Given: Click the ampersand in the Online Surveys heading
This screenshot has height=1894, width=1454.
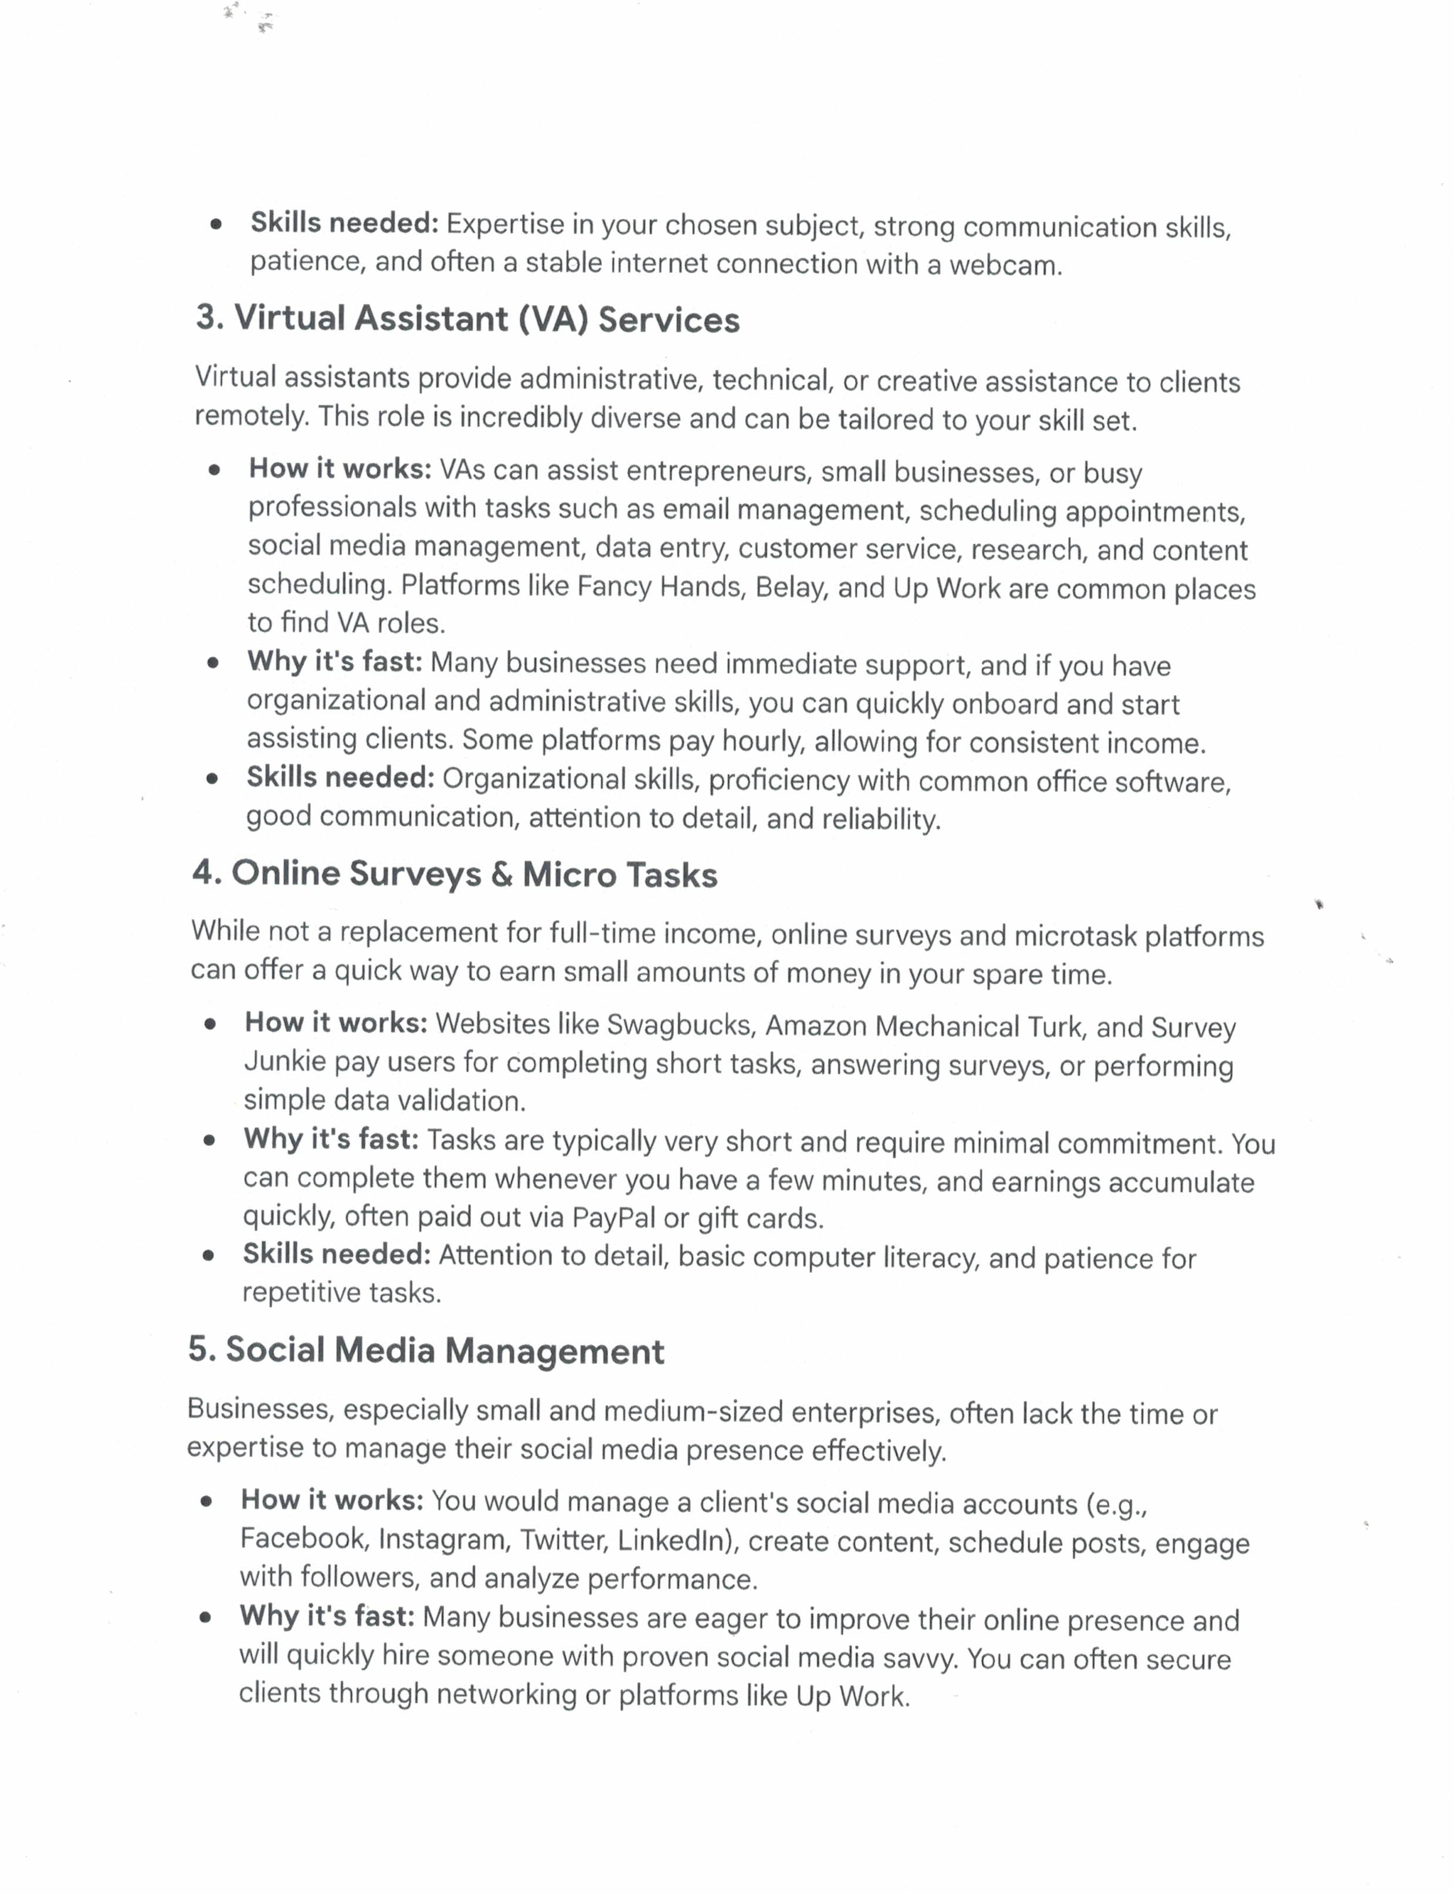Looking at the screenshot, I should pos(501,875).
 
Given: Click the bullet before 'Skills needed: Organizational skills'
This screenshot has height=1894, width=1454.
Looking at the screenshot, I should pos(212,778).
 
